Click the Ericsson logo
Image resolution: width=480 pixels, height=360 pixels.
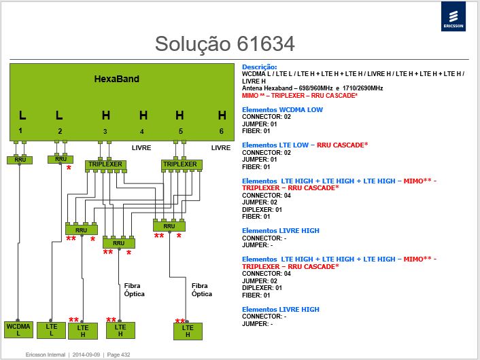453,16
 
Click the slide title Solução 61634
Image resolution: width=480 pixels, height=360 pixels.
224,43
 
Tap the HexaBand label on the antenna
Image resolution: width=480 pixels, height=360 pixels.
117,79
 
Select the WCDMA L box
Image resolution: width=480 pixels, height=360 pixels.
18,329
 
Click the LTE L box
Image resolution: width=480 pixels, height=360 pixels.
51,330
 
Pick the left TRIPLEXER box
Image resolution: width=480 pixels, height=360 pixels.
105,164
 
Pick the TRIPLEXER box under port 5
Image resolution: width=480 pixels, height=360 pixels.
182,164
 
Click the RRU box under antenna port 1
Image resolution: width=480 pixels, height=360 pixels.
20,160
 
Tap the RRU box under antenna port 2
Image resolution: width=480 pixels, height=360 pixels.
61,159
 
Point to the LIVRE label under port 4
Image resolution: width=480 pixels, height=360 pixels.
141,147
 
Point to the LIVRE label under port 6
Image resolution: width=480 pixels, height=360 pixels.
221,147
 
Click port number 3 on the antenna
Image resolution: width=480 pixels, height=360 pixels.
105,132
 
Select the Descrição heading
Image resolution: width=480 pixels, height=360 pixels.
259,67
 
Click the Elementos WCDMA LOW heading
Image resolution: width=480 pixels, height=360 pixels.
282,110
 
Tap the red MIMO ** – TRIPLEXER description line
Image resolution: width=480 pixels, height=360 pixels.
300,95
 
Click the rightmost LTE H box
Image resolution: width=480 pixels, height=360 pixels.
188,331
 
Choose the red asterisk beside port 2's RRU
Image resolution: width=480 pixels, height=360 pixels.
69,168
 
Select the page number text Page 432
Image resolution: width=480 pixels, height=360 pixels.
118,355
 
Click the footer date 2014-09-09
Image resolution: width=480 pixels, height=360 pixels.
86,355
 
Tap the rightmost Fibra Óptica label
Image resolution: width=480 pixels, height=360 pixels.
202,289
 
